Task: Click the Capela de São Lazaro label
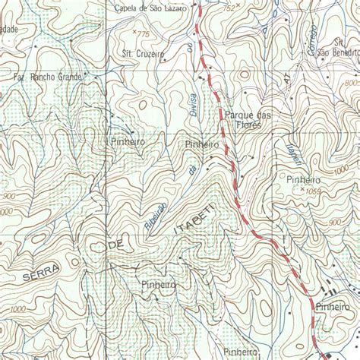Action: click(149, 8)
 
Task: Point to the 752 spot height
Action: click(229, 8)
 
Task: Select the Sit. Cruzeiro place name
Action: click(143, 54)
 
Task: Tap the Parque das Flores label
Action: click(248, 119)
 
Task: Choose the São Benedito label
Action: click(337, 52)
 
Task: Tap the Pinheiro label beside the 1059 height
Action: click(303, 179)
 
